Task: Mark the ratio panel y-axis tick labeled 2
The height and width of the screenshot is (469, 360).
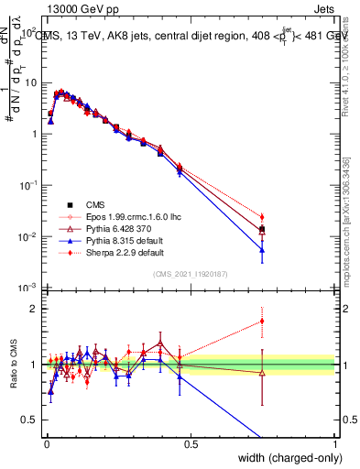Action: [38, 309]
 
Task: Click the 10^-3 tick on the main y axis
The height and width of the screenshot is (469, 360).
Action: [30, 289]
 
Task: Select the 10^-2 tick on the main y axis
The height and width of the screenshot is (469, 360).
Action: [30, 237]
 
